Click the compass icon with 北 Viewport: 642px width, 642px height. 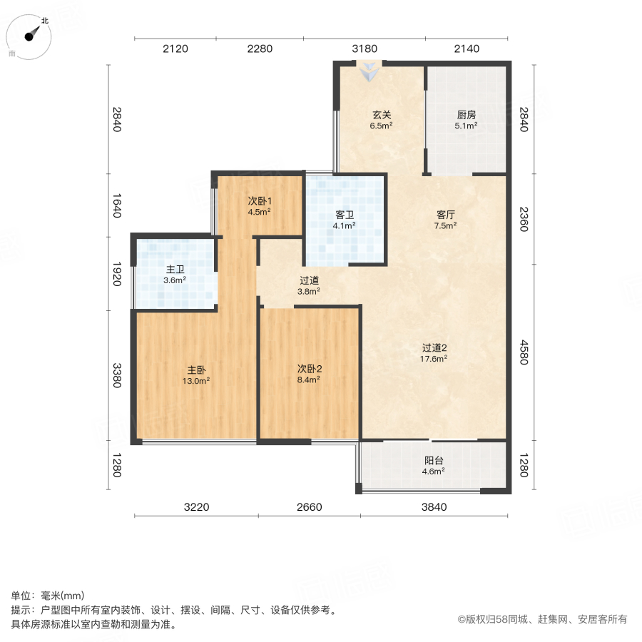(x=31, y=36)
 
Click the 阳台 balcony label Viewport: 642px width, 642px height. (x=434, y=465)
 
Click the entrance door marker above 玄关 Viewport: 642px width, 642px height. (x=370, y=70)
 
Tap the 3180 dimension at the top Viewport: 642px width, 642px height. (x=365, y=49)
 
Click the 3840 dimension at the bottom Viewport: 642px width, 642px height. (x=434, y=507)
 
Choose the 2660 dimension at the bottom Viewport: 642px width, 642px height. (x=310, y=507)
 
